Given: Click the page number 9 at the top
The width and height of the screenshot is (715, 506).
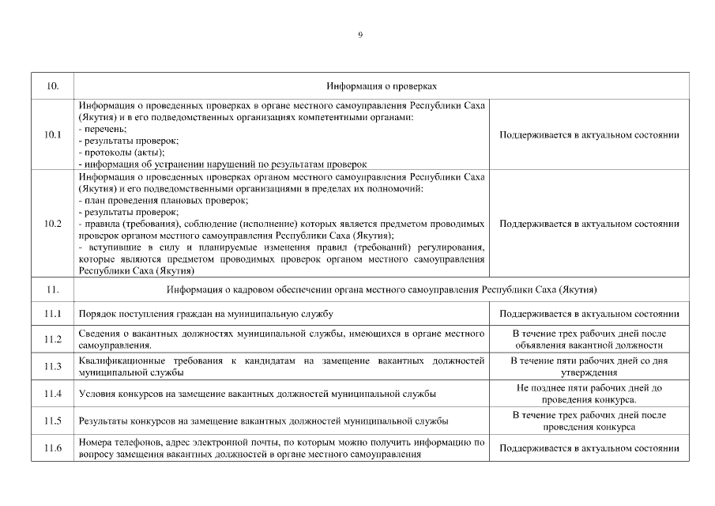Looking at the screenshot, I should [x=360, y=34].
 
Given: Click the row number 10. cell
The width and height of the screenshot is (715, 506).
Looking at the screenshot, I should [x=53, y=85].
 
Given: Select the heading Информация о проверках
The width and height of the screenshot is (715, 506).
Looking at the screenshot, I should [x=382, y=85].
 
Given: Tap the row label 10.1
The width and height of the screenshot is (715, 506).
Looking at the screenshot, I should [x=53, y=134].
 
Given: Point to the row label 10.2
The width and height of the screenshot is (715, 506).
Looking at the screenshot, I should [x=53, y=224].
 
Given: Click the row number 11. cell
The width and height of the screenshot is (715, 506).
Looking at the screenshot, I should [x=53, y=289].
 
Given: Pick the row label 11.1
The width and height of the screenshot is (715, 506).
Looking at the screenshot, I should [x=53, y=314].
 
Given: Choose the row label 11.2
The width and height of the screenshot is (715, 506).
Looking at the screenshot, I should [x=53, y=339].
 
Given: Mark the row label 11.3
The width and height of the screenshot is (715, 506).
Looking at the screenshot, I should [x=53, y=366].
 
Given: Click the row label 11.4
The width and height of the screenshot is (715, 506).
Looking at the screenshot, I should [x=53, y=393].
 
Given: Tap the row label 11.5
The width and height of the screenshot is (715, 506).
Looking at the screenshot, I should [x=53, y=421].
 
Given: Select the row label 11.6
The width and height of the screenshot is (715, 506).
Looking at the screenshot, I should [x=53, y=448].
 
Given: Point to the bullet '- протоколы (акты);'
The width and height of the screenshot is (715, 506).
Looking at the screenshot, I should [x=122, y=152].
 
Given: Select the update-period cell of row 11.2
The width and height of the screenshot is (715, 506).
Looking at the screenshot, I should [x=589, y=339].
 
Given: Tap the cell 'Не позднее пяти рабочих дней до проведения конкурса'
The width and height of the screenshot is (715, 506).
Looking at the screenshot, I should [x=589, y=393].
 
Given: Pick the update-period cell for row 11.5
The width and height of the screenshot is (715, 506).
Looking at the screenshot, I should [x=589, y=421].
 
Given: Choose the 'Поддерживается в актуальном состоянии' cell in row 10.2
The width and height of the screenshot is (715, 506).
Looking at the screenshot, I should [x=589, y=224].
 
